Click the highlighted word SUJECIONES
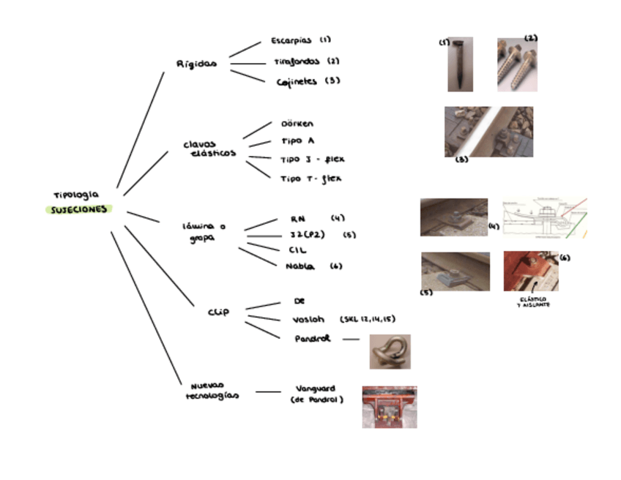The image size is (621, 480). click(78, 209)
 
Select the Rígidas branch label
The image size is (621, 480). click(196, 64)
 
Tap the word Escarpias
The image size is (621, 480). click(291, 41)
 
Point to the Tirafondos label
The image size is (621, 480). click(297, 61)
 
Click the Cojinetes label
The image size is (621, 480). click(297, 82)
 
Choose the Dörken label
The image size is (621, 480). click(297, 124)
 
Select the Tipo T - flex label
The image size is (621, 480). click(312, 179)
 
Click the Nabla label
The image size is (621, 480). click(300, 266)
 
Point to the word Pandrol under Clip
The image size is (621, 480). click(313, 339)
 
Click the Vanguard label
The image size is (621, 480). click(316, 389)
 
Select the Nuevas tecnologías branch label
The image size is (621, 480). click(211, 390)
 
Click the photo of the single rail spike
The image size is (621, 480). click(461, 64)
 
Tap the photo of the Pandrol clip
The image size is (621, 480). click(390, 352)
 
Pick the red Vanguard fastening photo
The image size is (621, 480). click(390, 407)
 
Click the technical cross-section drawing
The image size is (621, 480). click(545, 218)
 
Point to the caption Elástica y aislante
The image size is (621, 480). click(533, 301)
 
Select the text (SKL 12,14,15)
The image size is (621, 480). click(368, 320)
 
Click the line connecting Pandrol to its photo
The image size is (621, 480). click(351, 340)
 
